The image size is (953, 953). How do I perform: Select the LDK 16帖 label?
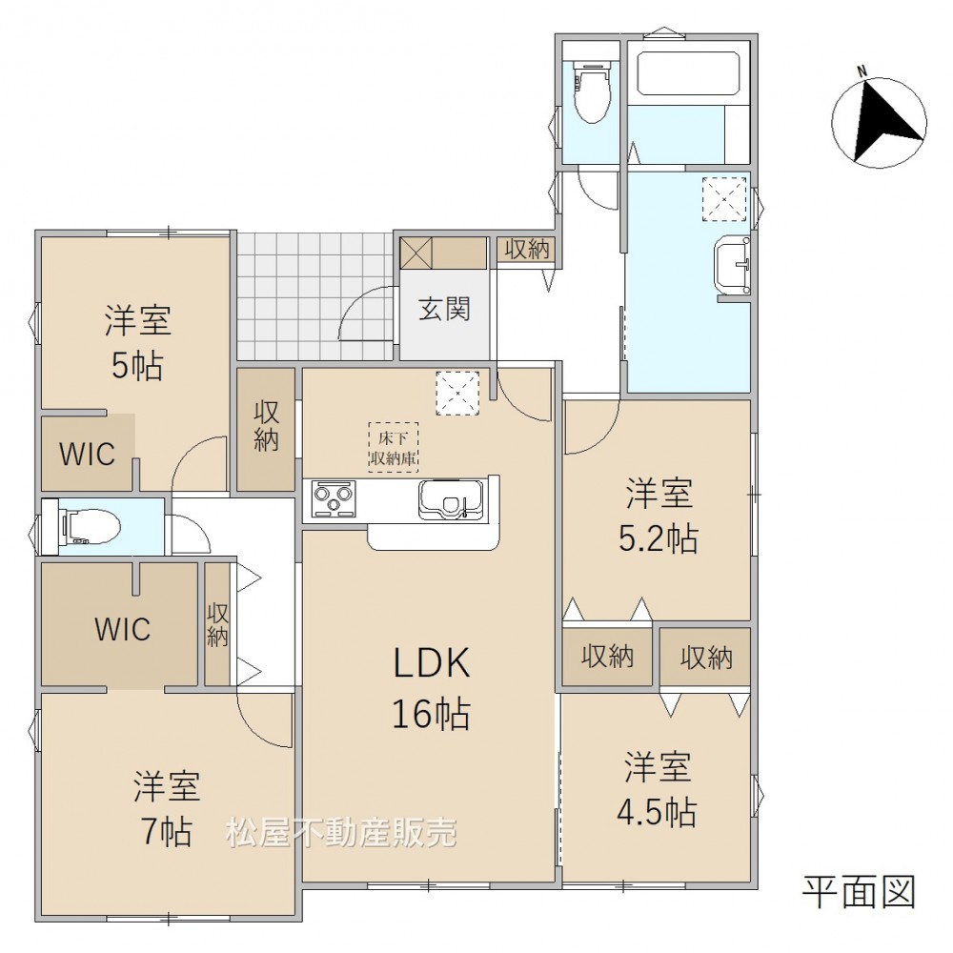(432, 687)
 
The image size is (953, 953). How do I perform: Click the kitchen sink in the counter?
(451, 499)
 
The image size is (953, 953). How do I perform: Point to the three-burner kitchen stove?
(334, 499)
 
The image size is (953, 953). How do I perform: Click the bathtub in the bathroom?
(688, 72)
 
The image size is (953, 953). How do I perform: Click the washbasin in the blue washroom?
(733, 265)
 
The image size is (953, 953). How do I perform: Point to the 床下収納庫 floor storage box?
(394, 447)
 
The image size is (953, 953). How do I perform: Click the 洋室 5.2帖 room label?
(659, 516)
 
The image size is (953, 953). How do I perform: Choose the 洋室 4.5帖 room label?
(657, 789)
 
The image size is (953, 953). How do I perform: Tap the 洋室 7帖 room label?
(167, 808)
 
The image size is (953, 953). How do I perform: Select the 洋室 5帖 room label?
(137, 343)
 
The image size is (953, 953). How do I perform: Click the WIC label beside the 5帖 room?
(87, 454)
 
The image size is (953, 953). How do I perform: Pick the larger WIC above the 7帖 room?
(123, 629)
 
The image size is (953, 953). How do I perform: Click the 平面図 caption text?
(859, 892)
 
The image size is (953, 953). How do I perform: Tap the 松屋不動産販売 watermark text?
(341, 833)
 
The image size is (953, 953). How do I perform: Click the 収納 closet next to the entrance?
(527, 249)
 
